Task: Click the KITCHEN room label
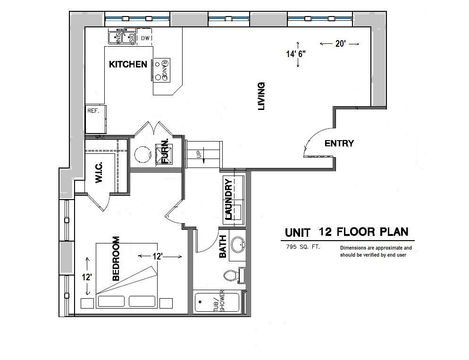click(x=128, y=64)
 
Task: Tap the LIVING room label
click(x=261, y=96)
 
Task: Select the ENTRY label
click(x=339, y=143)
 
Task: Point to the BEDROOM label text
click(x=116, y=259)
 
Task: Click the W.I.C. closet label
click(x=100, y=173)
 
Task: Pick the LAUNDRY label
click(x=229, y=199)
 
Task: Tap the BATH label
click(x=223, y=247)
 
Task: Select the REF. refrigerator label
click(x=92, y=111)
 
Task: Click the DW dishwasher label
click(x=145, y=38)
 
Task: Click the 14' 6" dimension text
click(x=295, y=54)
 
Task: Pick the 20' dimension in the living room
click(x=340, y=43)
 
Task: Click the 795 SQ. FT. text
click(x=302, y=247)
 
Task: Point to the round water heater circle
click(x=142, y=153)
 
